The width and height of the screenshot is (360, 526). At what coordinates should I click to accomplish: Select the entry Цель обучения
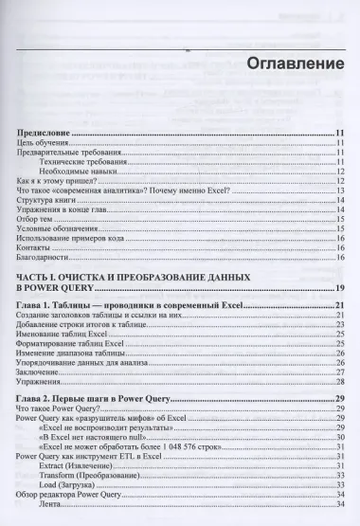click(x=42, y=143)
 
